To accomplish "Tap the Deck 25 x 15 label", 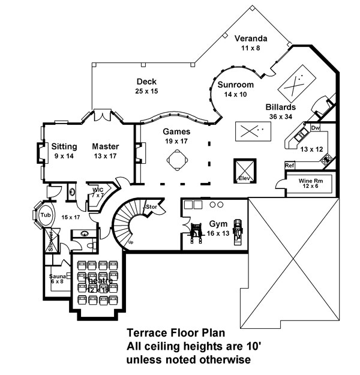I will pyautogui.click(x=146, y=82).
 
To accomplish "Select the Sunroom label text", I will pyautogui.click(x=235, y=85).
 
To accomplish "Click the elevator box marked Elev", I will pyautogui.click(x=244, y=169).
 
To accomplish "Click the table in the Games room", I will pyautogui.click(x=177, y=161).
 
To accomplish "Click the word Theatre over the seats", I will pyautogui.click(x=98, y=281).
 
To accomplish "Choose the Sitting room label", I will pyautogui.click(x=64, y=146).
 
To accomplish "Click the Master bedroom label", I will pyautogui.click(x=105, y=146).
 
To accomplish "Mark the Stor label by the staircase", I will pyautogui.click(x=151, y=207).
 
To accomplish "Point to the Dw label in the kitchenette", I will pyautogui.click(x=316, y=128).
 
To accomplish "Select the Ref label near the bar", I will pyautogui.click(x=289, y=165).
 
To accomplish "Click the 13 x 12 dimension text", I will pyautogui.click(x=307, y=148).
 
